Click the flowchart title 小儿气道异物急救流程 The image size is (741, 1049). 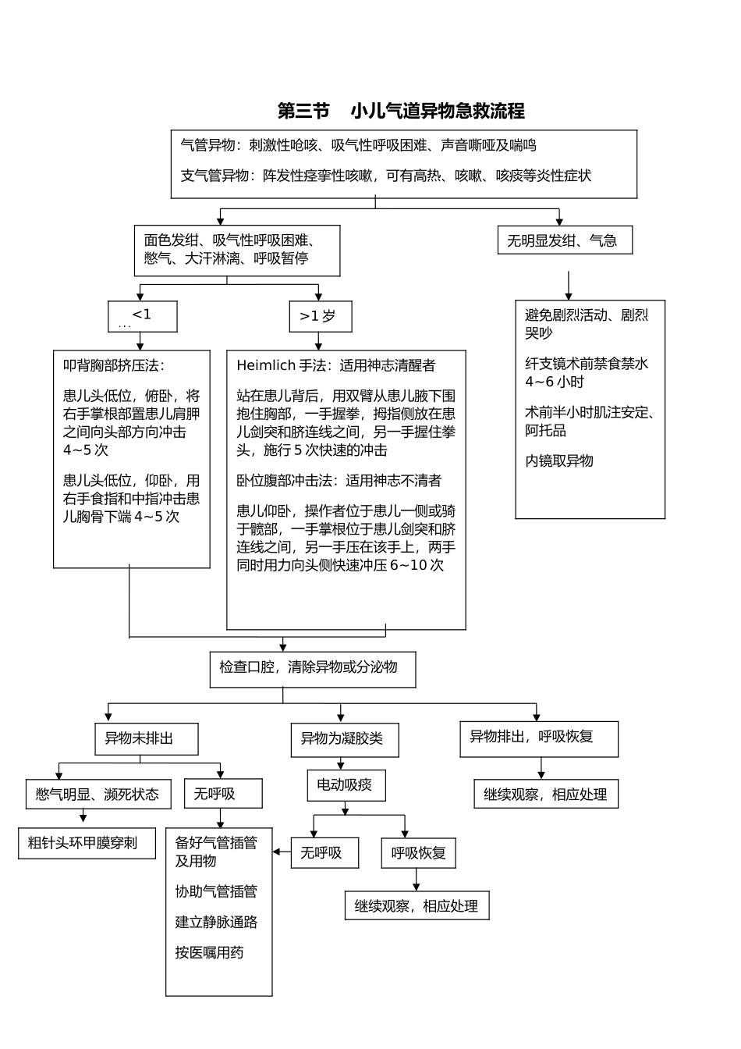pyautogui.click(x=401, y=111)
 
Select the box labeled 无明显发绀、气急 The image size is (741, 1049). pyautogui.click(x=565, y=240)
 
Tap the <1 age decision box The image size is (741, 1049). pyautogui.click(x=142, y=316)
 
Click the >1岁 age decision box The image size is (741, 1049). pyautogui.click(x=320, y=316)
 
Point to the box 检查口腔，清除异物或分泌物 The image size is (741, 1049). pyautogui.click(x=312, y=669)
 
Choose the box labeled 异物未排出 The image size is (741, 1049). pyautogui.click(x=146, y=738)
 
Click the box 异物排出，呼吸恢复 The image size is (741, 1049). pyautogui.click(x=538, y=738)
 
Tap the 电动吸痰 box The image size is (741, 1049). pyautogui.click(x=346, y=785)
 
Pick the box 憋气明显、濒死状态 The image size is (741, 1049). pyautogui.click(x=97, y=795)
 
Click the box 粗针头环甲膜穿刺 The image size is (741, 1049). pyautogui.click(x=87, y=843)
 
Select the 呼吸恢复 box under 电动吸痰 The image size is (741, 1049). pyautogui.click(x=419, y=853)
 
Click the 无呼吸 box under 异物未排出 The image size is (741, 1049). pyautogui.click(x=222, y=794)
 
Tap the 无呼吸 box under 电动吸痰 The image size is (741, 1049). pyautogui.click(x=324, y=853)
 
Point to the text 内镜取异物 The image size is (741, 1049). pyautogui.click(x=559, y=460)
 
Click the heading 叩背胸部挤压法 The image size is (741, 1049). pyautogui.click(x=114, y=365)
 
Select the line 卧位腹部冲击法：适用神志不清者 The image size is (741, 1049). pyautogui.click(x=339, y=481)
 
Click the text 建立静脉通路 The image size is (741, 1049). pyautogui.click(x=216, y=922)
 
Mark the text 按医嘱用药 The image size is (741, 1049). pyautogui.click(x=209, y=952)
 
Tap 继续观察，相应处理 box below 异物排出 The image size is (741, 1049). pyautogui.click(x=545, y=795)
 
